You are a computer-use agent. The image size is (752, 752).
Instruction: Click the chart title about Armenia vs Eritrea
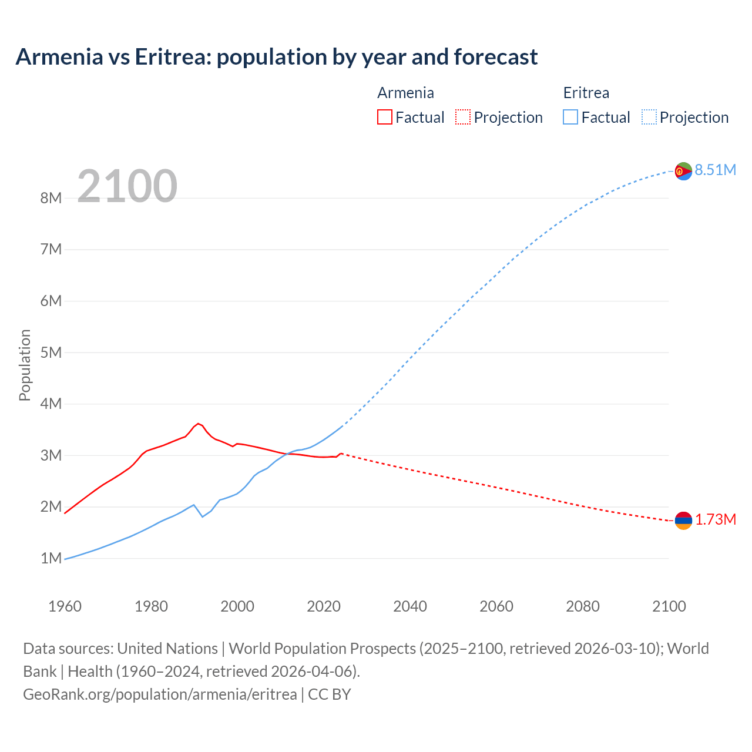[x=276, y=57]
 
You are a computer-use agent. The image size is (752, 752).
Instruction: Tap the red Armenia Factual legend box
[x=385, y=117]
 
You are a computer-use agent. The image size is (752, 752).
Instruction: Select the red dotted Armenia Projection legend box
[x=463, y=117]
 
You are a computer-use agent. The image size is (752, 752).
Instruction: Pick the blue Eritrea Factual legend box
[x=570, y=117]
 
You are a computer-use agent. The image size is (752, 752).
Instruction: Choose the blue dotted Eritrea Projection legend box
[x=649, y=117]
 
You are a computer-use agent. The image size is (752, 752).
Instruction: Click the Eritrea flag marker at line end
[x=683, y=171]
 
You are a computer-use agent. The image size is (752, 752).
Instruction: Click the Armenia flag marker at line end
[x=683, y=520]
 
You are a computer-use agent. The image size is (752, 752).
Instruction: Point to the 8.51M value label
[x=716, y=170]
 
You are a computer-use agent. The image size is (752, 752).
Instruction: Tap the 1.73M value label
[x=716, y=520]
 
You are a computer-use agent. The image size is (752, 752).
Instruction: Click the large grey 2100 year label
[x=127, y=186]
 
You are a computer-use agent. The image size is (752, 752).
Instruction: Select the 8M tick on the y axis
[x=51, y=198]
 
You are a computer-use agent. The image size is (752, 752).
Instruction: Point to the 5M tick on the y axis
[x=51, y=352]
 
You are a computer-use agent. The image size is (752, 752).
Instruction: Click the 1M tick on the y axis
[x=51, y=558]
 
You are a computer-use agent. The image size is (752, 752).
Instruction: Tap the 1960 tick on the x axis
[x=65, y=606]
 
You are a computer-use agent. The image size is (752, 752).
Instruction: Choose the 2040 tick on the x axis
[x=410, y=606]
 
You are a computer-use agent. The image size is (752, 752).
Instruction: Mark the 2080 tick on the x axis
[x=583, y=606]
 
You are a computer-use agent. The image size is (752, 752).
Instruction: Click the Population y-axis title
[x=25, y=365]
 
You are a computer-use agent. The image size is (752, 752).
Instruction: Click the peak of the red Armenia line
[x=199, y=423]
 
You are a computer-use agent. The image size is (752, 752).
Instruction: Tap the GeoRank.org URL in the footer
[x=160, y=694]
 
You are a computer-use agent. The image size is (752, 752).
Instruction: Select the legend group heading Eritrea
[x=586, y=93]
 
